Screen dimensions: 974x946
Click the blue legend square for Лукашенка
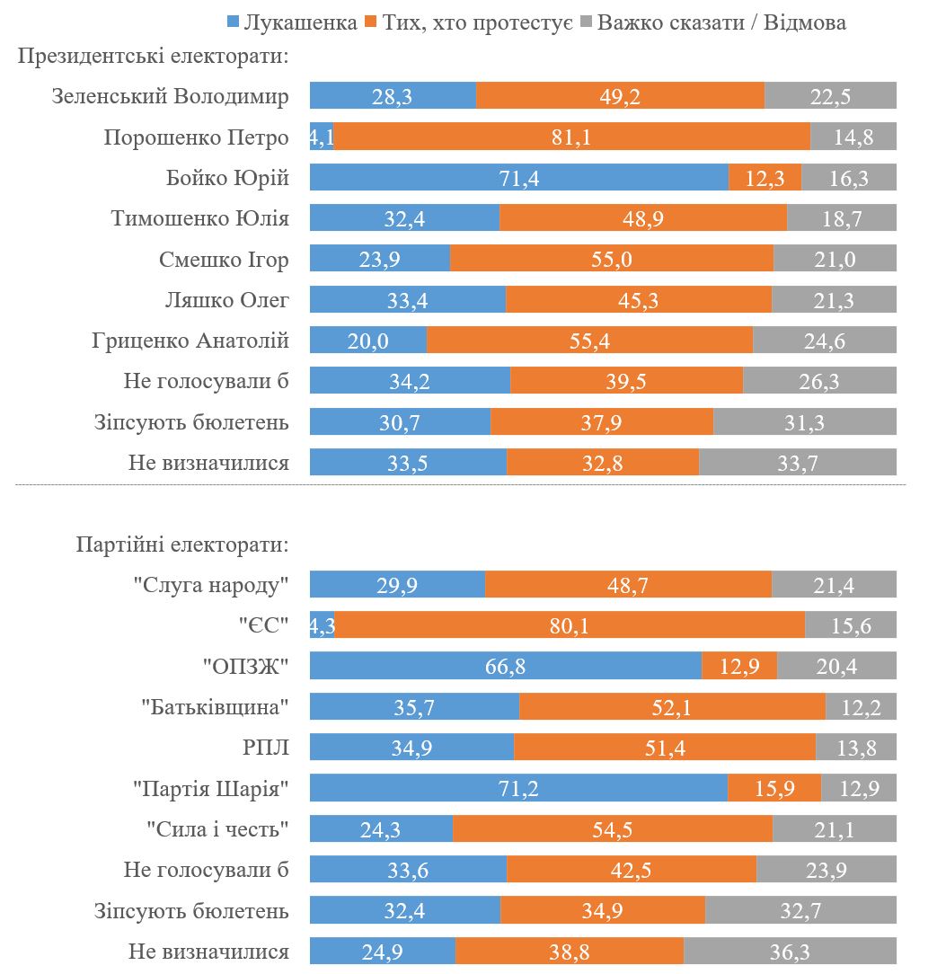233,22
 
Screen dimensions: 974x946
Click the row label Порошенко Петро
196,137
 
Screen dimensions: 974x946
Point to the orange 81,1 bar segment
571,137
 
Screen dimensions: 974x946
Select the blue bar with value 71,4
518,178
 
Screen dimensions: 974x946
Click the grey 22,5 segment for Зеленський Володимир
830,96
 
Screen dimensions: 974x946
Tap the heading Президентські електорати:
154,57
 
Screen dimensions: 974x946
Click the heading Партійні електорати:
182,545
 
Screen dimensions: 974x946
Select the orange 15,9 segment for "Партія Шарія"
774,789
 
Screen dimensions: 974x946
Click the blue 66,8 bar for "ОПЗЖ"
505,667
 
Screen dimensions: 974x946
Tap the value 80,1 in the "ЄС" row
570,626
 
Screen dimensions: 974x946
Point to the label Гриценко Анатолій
190,341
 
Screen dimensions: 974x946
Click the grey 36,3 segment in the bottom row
790,952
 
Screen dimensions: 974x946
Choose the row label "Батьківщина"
215,707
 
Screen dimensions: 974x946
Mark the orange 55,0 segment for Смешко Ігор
611,260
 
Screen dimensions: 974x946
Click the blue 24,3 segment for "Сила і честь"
381,829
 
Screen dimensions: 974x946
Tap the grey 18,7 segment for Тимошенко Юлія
841,218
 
